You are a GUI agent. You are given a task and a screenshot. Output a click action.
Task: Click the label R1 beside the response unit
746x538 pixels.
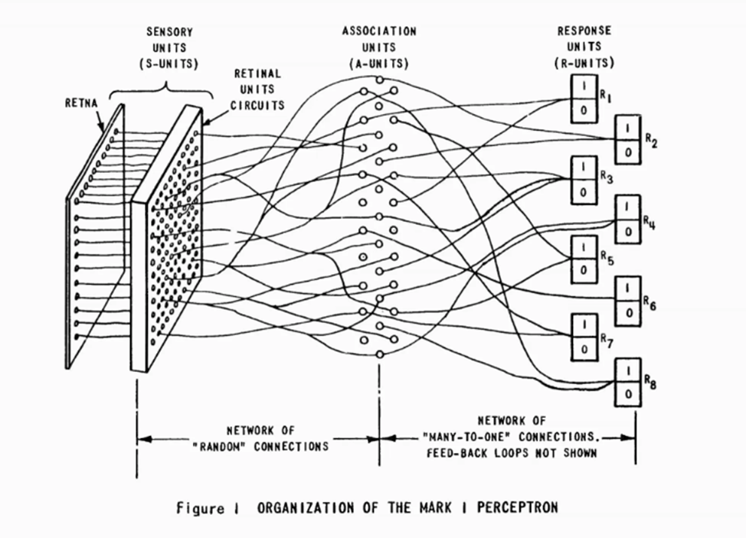[605, 97]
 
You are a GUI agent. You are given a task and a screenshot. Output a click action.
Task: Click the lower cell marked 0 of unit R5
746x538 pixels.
[584, 269]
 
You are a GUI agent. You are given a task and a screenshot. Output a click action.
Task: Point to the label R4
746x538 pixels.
[649, 223]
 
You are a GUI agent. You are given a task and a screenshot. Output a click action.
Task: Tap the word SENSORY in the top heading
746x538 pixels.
[169, 32]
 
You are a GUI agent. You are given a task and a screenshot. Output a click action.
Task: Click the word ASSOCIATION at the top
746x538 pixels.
[380, 31]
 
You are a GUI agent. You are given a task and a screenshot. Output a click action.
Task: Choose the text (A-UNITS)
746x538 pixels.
[380, 64]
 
